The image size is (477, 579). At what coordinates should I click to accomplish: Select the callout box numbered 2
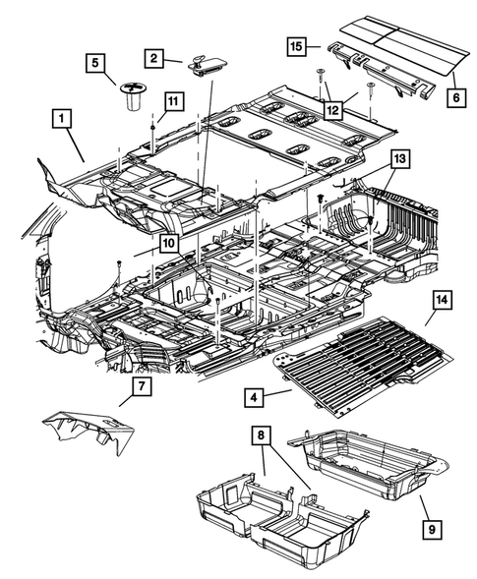pos(155,59)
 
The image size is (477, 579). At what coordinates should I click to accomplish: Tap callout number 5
pos(94,65)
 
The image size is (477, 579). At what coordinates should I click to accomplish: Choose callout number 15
pos(296,45)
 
